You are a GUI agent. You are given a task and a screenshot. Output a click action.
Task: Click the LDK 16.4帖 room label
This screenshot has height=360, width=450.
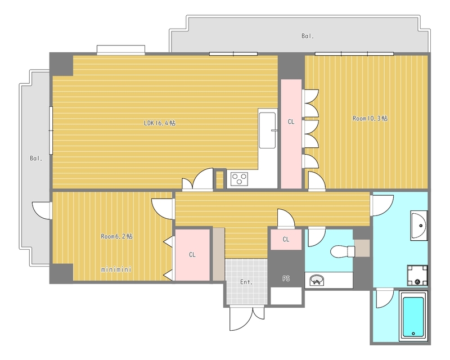[x=160, y=123]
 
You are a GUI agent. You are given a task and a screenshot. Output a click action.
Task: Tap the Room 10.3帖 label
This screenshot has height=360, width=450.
[x=370, y=118]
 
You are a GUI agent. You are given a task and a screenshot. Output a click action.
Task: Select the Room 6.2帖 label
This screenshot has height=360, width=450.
[x=116, y=237]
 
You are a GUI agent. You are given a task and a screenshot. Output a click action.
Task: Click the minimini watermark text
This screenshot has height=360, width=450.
[x=116, y=269]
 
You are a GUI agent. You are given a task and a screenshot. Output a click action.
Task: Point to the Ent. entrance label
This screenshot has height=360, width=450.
[x=246, y=282]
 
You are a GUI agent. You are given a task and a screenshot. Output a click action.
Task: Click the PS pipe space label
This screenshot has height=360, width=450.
[x=286, y=278]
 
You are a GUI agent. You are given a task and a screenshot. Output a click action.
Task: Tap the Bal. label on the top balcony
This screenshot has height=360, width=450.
[x=308, y=36]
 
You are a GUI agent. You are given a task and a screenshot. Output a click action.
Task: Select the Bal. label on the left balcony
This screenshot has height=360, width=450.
[x=36, y=158]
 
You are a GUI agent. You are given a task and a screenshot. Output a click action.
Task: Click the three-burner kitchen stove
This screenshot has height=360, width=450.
[x=240, y=179]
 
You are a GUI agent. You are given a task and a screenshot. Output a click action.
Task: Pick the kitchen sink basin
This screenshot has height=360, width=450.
[x=267, y=130]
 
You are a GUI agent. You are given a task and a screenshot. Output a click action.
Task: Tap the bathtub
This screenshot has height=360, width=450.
[x=413, y=316]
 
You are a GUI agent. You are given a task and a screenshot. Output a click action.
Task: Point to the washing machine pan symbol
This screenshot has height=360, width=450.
[x=417, y=276]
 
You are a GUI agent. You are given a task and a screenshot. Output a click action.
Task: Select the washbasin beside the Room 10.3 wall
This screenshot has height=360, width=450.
[x=418, y=226]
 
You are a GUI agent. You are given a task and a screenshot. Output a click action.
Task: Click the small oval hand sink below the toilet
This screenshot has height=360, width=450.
[x=317, y=280]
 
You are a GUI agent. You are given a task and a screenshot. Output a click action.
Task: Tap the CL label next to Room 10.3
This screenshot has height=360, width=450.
[x=291, y=121]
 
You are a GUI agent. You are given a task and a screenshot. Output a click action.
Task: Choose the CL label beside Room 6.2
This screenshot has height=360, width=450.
[x=192, y=255]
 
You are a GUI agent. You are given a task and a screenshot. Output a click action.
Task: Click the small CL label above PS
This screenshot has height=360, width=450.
[x=286, y=239]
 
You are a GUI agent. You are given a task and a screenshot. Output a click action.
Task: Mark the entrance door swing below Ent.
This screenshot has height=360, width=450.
[x=247, y=319]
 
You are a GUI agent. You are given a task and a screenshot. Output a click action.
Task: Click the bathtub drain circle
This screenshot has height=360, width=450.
[x=413, y=334]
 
